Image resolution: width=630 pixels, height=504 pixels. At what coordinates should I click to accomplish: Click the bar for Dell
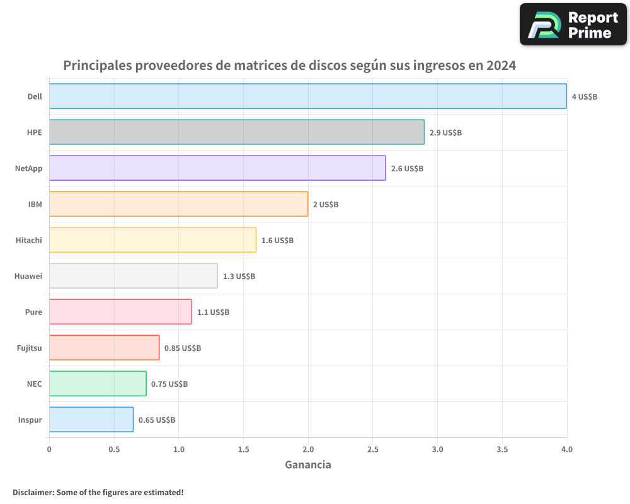coord(307,96)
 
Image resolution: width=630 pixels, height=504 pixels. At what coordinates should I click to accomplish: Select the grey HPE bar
coord(236,132)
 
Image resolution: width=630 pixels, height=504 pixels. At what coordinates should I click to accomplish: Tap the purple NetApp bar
coord(217,168)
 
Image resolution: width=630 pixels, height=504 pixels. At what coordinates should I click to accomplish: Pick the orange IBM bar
coord(178,203)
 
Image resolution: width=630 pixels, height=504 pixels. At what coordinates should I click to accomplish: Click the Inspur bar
coord(91,419)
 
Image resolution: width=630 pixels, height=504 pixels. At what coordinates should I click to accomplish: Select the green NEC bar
coord(97,383)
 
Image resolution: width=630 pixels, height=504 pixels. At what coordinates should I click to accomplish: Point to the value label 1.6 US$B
coord(277,240)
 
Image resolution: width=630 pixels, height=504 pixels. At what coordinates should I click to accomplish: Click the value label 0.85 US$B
coord(183,348)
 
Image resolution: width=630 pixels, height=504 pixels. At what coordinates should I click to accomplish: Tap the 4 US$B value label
coord(584,96)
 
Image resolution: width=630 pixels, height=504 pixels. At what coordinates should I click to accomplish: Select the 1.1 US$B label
coord(213,312)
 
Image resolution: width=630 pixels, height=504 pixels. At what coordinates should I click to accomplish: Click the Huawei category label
coord(28,276)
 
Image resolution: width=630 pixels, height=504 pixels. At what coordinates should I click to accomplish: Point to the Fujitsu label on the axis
coord(29,348)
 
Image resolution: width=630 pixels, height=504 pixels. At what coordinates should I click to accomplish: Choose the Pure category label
coord(33,312)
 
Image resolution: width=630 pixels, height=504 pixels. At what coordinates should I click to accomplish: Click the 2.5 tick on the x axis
coord(372,449)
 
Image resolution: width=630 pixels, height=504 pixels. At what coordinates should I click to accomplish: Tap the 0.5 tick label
coord(113,449)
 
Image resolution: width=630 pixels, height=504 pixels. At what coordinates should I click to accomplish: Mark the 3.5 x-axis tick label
coord(502,449)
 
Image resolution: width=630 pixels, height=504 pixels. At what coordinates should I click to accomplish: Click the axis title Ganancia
coord(307,465)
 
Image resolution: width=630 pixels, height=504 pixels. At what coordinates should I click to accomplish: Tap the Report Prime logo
coord(573,25)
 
